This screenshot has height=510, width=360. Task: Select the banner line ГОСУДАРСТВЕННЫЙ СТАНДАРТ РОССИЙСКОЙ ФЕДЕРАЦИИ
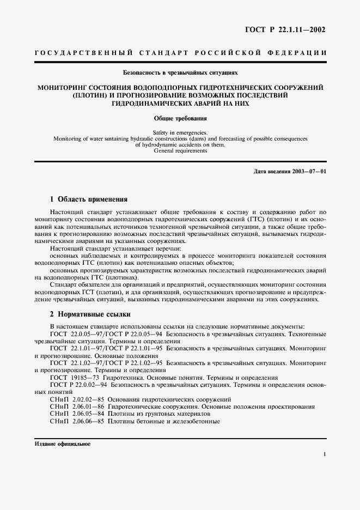[x=180, y=53]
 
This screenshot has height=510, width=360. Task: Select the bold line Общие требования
[x=180, y=117]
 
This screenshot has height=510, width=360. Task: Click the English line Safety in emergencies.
[x=180, y=132]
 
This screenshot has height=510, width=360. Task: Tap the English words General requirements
[x=180, y=150]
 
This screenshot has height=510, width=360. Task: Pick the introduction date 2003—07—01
[x=308, y=172]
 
